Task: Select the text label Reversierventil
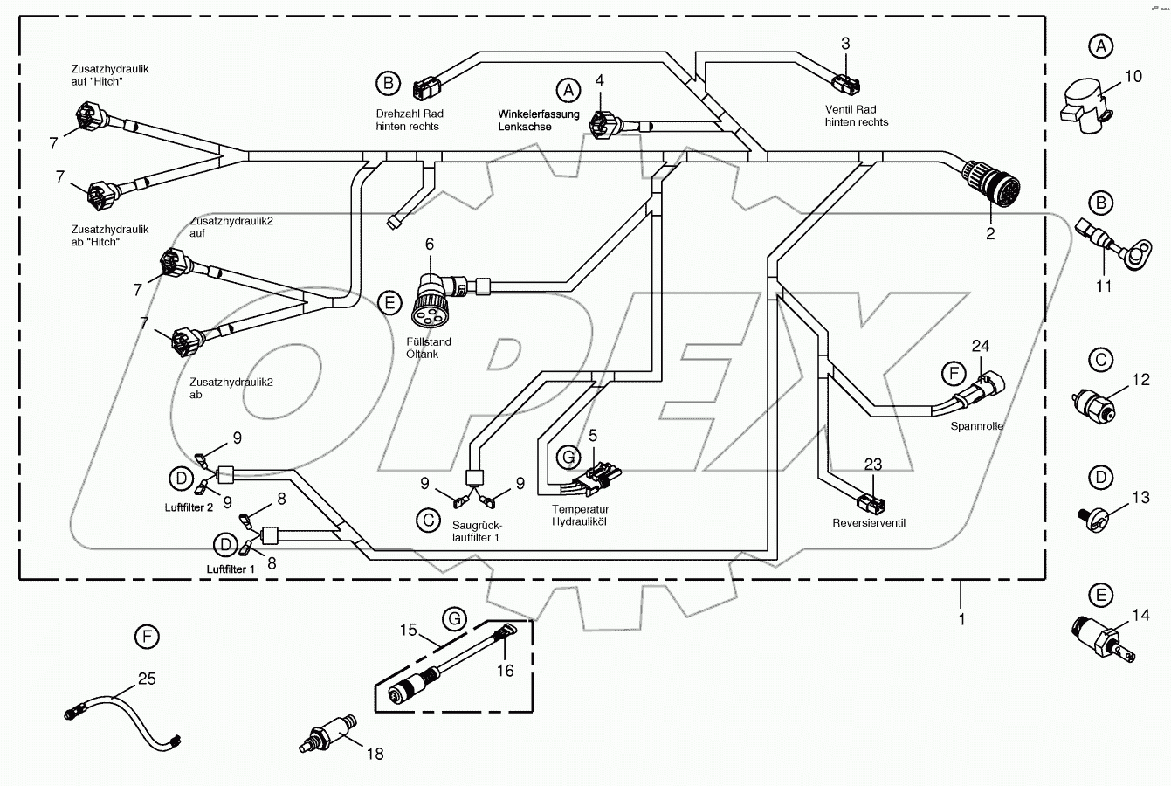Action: point(870,523)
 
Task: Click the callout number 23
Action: point(873,464)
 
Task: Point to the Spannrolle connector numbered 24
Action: point(987,385)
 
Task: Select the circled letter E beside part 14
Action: point(1101,596)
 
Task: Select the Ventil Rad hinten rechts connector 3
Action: point(844,84)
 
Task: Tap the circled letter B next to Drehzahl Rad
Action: point(387,83)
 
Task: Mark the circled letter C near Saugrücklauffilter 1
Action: point(428,521)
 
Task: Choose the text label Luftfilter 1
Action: point(231,569)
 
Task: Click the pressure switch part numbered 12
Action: point(1092,405)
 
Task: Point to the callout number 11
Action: point(1104,286)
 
